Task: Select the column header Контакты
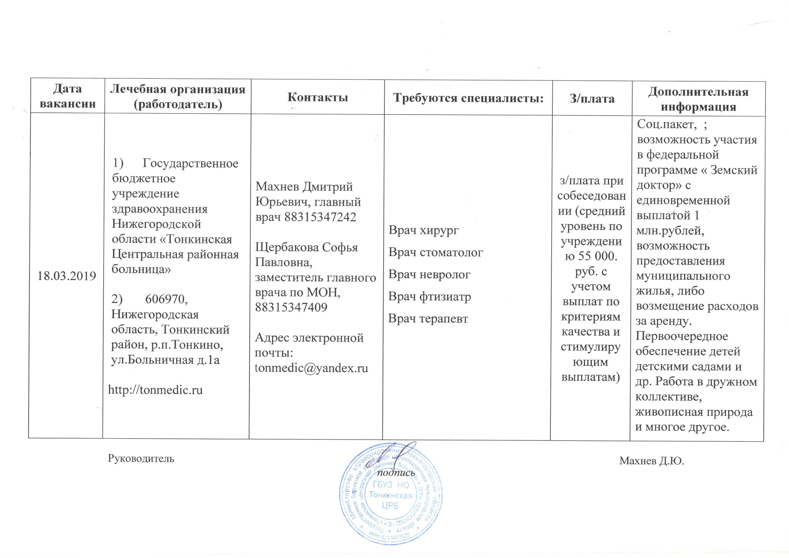[x=317, y=98]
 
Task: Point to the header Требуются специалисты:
[x=468, y=98]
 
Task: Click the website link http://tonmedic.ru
[x=155, y=390]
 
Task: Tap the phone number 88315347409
[x=291, y=307]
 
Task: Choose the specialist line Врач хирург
[x=423, y=230]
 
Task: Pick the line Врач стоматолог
[x=435, y=253]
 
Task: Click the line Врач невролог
[x=429, y=275]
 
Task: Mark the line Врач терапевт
[x=428, y=319]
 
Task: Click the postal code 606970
[x=166, y=299]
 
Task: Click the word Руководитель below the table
[x=141, y=458]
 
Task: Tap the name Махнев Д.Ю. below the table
[x=652, y=461]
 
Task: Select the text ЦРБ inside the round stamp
[x=390, y=506]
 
